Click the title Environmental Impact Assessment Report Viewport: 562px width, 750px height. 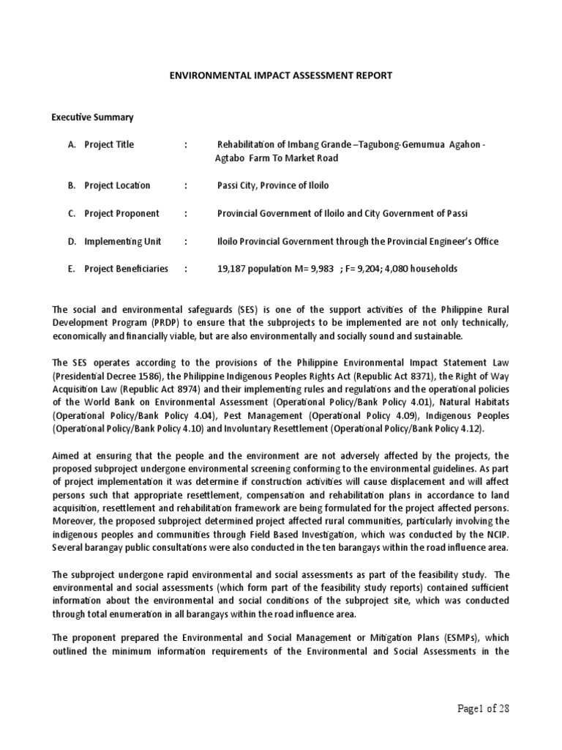281,75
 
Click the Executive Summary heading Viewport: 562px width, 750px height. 92,117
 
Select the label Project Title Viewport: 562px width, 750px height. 109,144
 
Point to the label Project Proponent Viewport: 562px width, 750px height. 121,213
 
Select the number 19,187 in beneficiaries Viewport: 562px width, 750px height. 233,269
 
